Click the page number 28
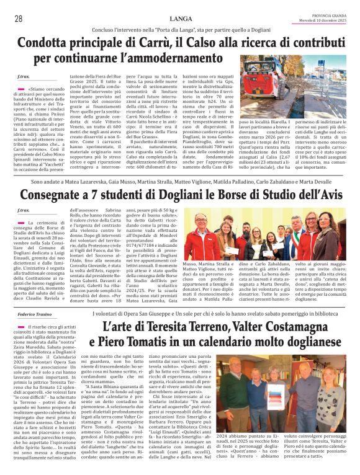tap(18, 19)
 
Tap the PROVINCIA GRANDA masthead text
tap(328, 16)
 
